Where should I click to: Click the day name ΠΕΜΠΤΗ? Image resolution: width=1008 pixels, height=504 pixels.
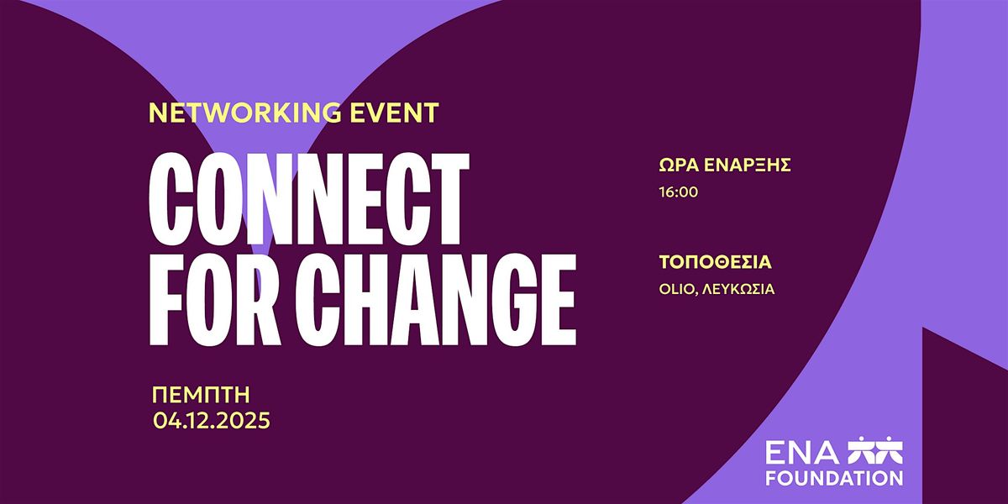[x=202, y=395]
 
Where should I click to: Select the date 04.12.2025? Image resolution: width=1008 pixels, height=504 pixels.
[x=212, y=421]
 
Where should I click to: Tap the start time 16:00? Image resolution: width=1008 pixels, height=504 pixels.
[x=680, y=192]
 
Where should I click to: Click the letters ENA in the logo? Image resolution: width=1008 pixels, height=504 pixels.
[x=791, y=453]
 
